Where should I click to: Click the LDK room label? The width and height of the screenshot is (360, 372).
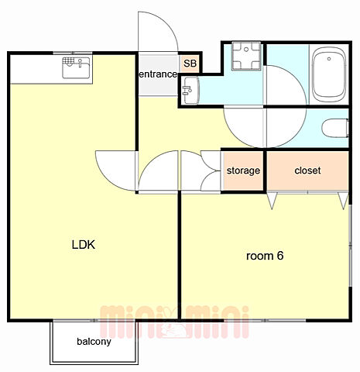pyautogui.click(x=84, y=245)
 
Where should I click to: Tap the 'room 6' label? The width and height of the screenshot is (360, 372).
pyautogui.click(x=265, y=256)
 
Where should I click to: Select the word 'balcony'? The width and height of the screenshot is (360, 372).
pyautogui.click(x=94, y=342)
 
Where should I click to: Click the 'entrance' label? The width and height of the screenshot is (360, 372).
pyautogui.click(x=158, y=74)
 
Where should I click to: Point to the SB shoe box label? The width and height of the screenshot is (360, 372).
pyautogui.click(x=190, y=64)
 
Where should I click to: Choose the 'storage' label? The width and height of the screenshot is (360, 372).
pyautogui.click(x=243, y=170)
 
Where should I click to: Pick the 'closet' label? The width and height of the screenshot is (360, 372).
pyautogui.click(x=307, y=170)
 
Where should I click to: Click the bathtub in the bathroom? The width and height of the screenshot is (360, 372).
pyautogui.click(x=329, y=75)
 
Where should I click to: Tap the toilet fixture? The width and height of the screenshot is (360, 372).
pyautogui.click(x=335, y=128)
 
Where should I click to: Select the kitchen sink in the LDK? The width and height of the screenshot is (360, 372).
pyautogui.click(x=77, y=67)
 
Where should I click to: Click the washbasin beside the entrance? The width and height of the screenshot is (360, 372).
pyautogui.click(x=190, y=91)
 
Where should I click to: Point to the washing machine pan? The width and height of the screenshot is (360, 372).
pyautogui.click(x=247, y=56)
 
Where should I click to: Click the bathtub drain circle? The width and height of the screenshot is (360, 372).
pyautogui.click(x=329, y=59)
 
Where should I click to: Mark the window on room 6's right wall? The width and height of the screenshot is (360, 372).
pyautogui.click(x=350, y=246)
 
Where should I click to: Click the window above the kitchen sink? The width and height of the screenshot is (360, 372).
pyautogui.click(x=73, y=53)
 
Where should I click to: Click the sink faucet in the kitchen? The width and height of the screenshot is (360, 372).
pyautogui.click(x=81, y=63)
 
